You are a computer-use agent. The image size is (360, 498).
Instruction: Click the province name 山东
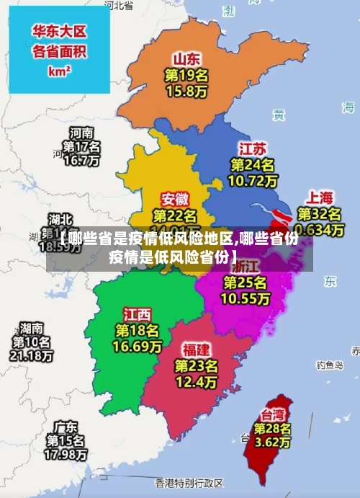[186, 58]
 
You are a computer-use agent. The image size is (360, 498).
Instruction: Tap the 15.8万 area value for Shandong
[186, 91]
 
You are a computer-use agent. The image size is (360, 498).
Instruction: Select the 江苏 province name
[253, 148]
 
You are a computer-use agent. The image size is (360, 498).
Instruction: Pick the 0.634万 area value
[319, 229]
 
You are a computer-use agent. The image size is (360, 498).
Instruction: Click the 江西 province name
[137, 315]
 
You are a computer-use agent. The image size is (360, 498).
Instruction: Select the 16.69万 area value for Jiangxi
[137, 347]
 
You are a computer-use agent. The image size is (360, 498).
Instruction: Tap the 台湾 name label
[272, 415]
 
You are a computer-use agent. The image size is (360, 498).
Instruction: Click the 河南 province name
[81, 133]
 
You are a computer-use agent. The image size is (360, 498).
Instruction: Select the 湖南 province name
[31, 326]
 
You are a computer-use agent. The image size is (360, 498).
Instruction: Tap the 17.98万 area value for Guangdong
[66, 455]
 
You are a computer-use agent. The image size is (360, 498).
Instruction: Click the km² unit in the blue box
[59, 71]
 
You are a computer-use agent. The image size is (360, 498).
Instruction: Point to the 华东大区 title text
[59, 31]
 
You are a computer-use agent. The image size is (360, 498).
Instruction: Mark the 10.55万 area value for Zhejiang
[245, 297]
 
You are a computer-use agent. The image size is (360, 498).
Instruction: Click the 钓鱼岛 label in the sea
[329, 365]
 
